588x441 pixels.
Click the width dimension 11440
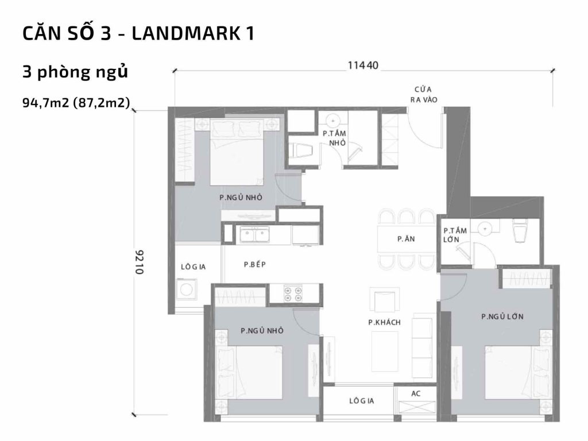click(363, 65)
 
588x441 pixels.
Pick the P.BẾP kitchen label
click(253, 265)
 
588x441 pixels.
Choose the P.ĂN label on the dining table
click(406, 239)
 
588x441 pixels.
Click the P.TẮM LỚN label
click(455, 235)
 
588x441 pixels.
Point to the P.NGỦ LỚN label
click(502, 316)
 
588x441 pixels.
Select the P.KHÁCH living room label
click(384, 322)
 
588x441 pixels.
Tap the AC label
click(416, 394)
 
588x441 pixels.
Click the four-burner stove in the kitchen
click(293, 293)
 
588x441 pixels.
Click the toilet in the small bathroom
click(301, 150)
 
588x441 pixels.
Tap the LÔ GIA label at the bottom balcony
click(361, 401)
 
